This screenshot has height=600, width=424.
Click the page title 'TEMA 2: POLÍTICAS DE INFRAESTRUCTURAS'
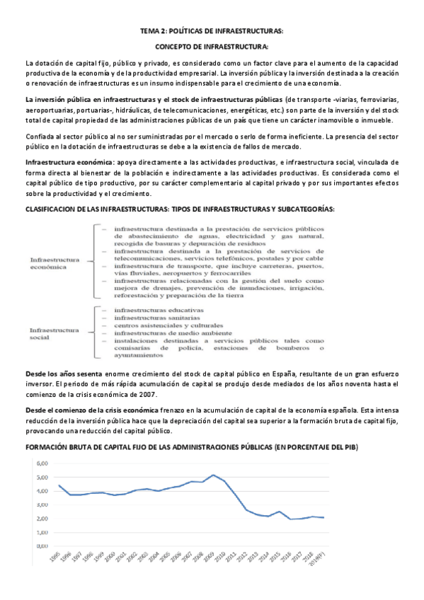click(211, 31)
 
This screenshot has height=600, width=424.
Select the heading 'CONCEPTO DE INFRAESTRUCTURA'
click(211, 47)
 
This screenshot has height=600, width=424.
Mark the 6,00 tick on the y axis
click(42, 463)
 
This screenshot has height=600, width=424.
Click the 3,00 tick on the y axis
click(42, 504)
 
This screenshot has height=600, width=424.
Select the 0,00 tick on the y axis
click(42, 546)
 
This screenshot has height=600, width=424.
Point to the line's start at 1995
click(59, 486)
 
